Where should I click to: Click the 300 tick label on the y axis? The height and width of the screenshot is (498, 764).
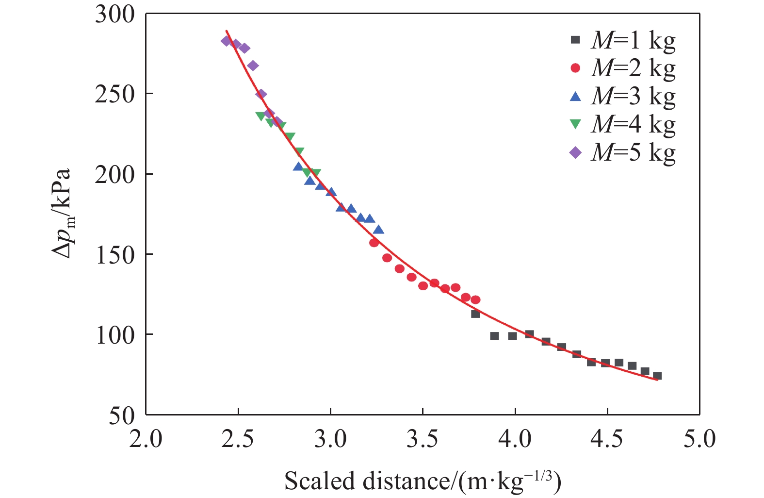pos(114,15)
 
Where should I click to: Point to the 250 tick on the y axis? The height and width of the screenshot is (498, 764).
pos(114,94)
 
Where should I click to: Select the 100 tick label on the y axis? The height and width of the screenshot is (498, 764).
pos(114,335)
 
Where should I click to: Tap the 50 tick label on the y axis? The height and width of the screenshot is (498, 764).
pos(121,415)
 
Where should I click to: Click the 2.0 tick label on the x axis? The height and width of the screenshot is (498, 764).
pos(146,439)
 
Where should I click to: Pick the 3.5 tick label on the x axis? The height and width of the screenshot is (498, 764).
pos(423,439)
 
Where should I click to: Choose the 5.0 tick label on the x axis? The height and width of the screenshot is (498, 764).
pos(699,439)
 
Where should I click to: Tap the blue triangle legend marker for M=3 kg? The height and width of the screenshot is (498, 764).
pos(575,96)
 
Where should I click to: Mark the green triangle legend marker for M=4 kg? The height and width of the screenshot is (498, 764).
pos(575,124)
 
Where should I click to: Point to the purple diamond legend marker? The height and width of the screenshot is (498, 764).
pos(575,152)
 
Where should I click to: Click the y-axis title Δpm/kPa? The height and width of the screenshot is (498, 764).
pos(62,214)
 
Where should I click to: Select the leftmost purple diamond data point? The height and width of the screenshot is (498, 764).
pos(226,41)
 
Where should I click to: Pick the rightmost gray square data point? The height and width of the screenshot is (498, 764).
pos(657,376)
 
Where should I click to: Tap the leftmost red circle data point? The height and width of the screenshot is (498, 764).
pos(374,243)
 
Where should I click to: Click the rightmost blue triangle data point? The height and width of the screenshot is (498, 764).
pos(379,230)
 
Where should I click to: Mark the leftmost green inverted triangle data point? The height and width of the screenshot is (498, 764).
pos(260,116)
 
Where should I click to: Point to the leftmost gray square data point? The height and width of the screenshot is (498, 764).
pos(475,314)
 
